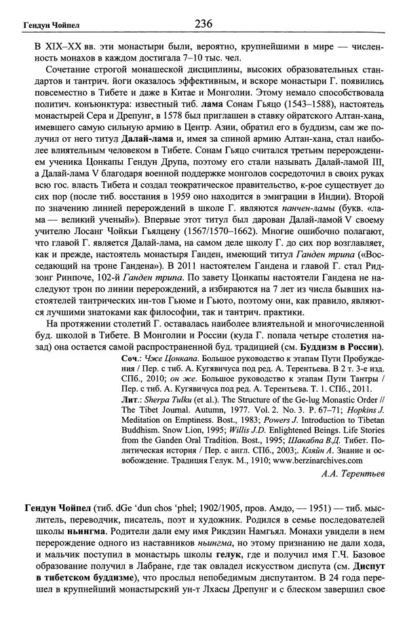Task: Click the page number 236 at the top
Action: tap(203, 24)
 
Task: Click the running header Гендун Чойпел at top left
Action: tap(41, 26)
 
